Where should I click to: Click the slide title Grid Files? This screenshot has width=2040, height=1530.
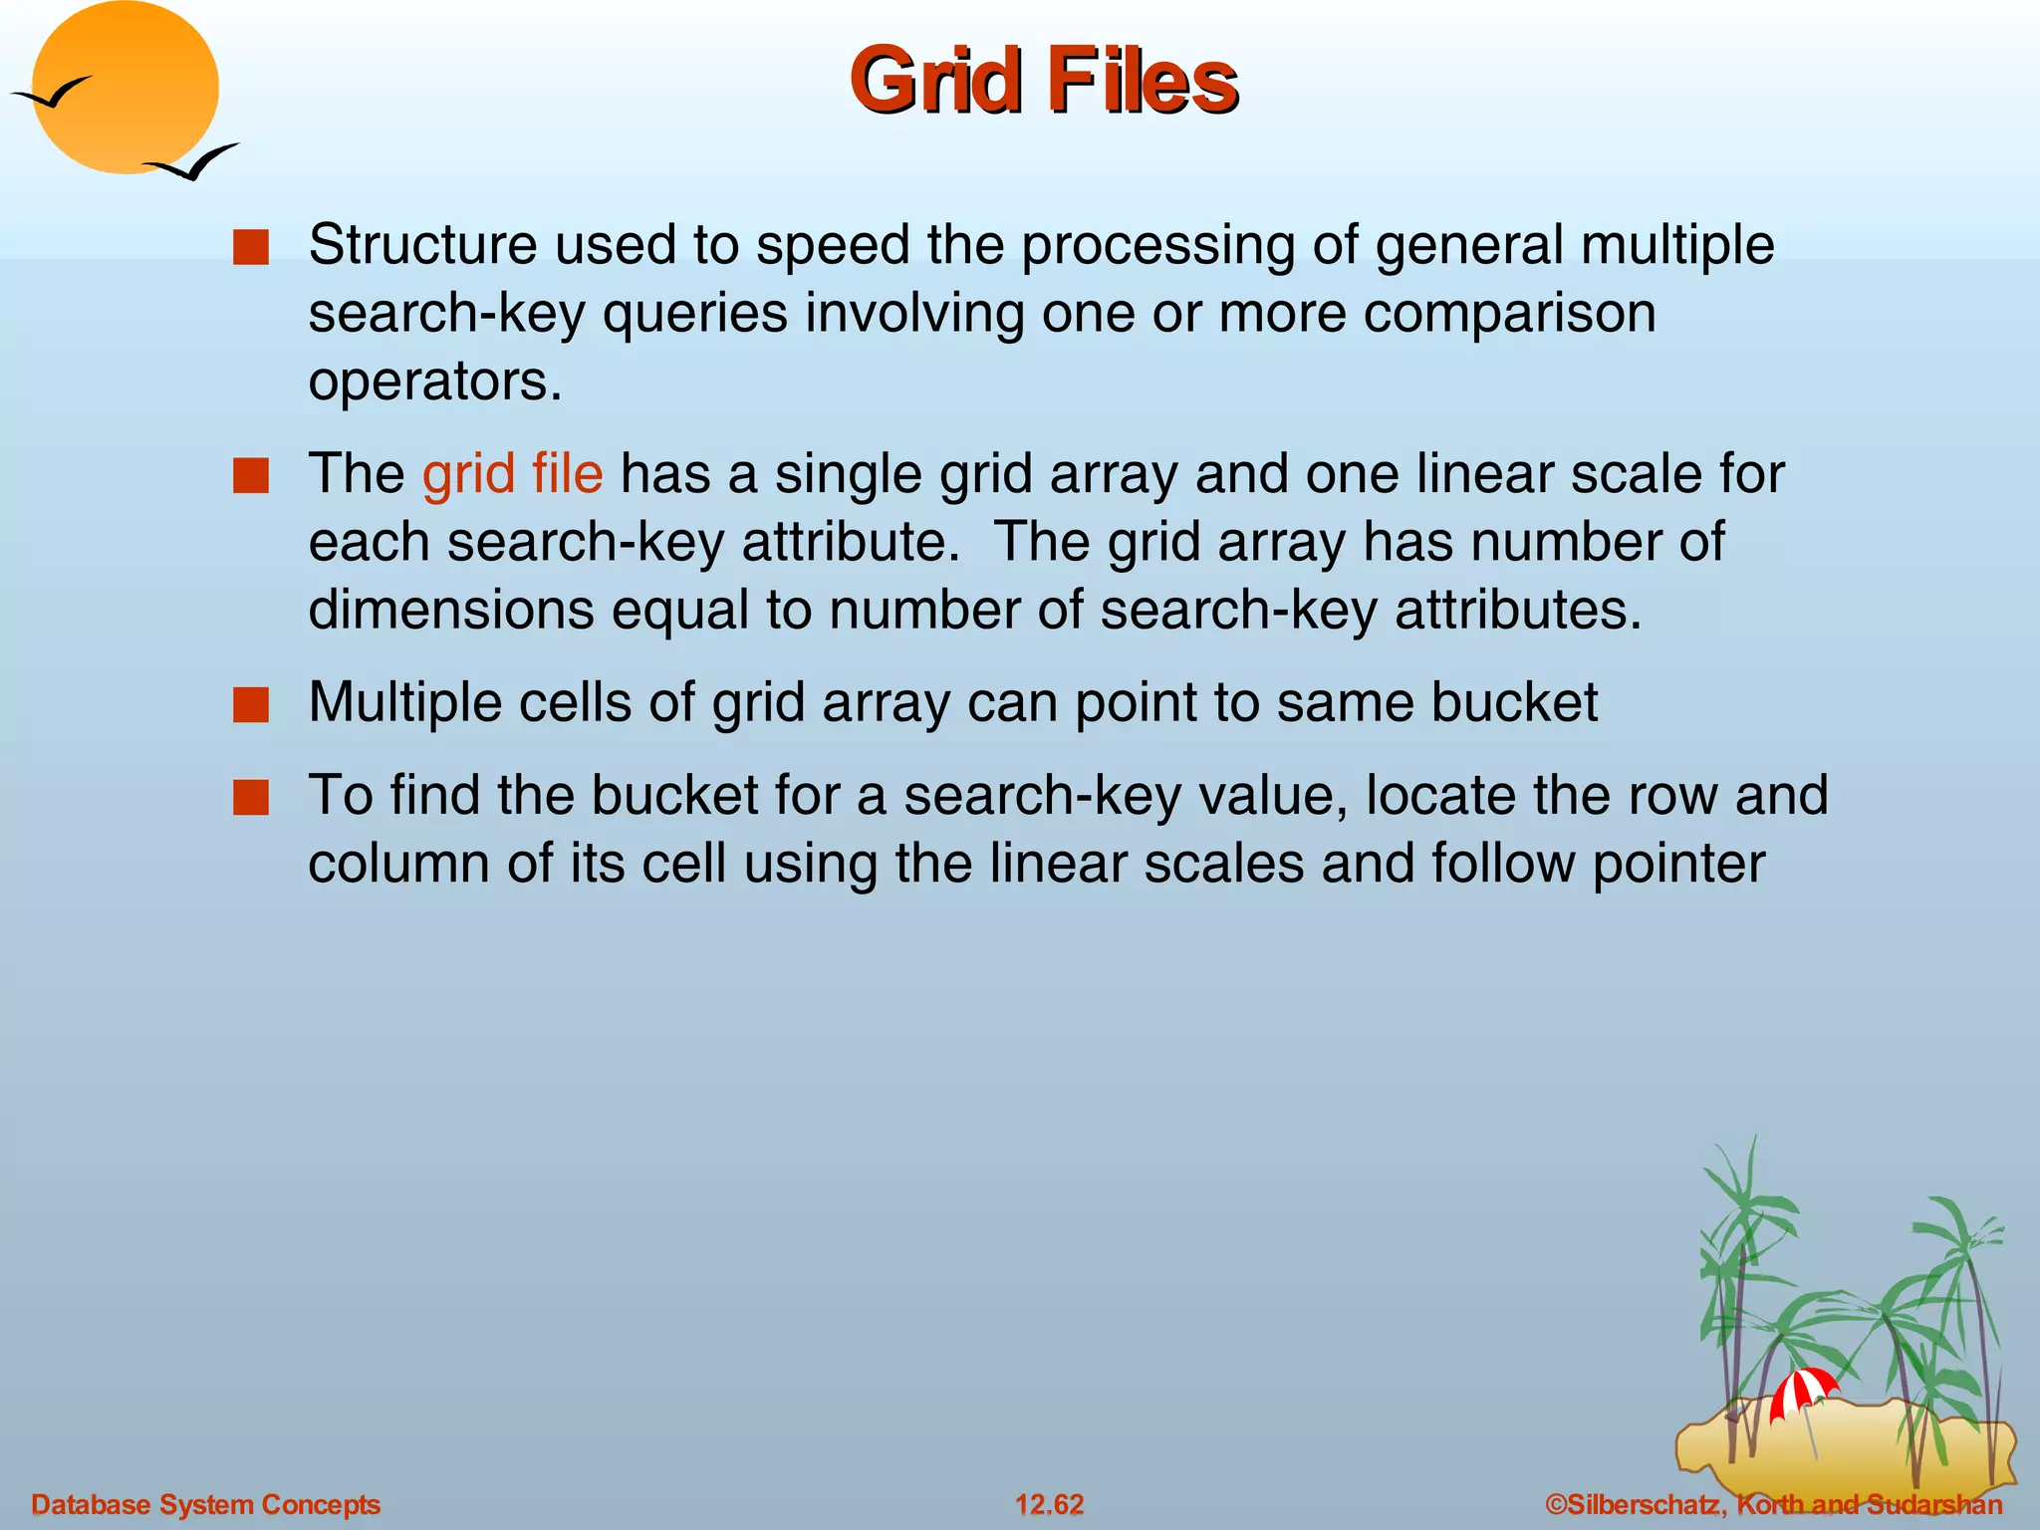tap(1043, 82)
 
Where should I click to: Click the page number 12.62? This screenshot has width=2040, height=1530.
tap(1049, 1504)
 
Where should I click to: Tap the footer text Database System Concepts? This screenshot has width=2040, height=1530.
tap(206, 1504)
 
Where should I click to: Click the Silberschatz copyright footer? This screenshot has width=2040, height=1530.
tap(1773, 1504)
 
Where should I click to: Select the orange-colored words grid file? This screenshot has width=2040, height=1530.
tap(512, 474)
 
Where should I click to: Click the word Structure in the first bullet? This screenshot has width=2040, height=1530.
tap(422, 245)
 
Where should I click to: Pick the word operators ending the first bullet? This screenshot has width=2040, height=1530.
tap(434, 382)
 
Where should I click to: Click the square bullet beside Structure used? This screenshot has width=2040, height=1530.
tap(251, 248)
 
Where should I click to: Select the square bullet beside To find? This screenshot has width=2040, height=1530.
tap(251, 798)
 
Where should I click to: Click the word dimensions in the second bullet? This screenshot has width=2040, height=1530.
tap(450, 610)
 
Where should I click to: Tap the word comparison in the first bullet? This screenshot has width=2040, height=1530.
tap(1509, 314)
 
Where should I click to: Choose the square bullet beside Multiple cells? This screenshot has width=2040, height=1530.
tap(251, 705)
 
